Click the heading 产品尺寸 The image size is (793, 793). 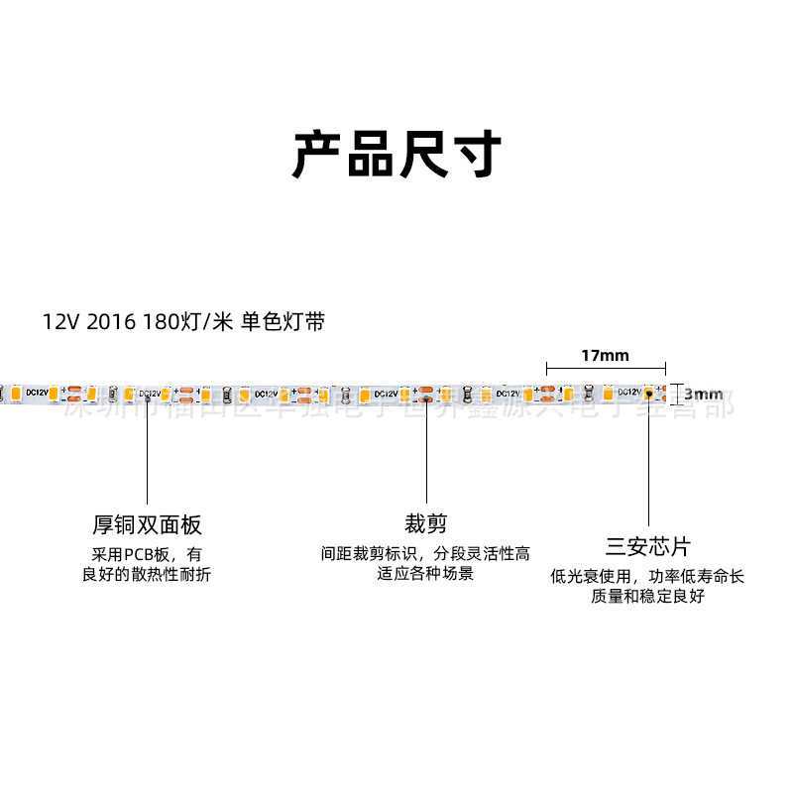point(396,156)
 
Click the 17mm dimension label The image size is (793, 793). point(605,356)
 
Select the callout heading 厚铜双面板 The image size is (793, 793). point(147,524)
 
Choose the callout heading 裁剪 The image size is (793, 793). point(425,523)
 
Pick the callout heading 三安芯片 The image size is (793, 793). point(648,546)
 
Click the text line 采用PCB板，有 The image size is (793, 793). point(147,554)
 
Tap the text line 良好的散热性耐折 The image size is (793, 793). point(147,575)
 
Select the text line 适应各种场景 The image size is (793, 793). point(425,574)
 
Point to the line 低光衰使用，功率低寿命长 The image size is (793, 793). point(648,577)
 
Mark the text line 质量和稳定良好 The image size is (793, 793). point(648,597)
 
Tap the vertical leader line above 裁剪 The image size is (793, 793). point(426,451)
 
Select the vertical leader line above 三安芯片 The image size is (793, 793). point(649,461)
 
